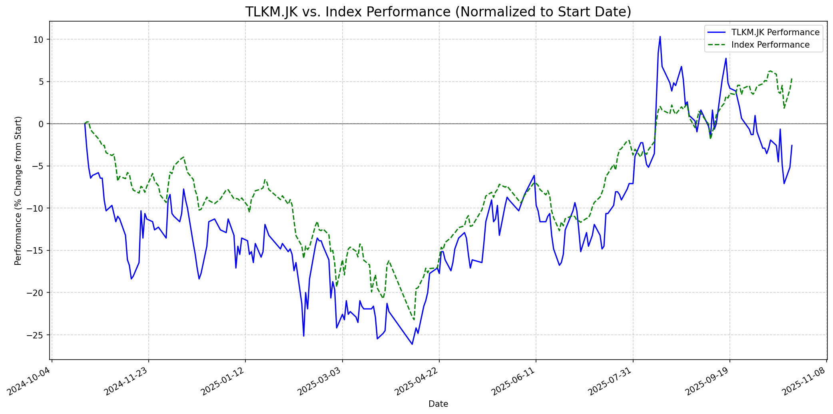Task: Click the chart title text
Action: click(x=438, y=12)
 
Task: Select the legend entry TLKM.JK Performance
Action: click(x=775, y=32)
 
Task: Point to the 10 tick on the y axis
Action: click(x=38, y=40)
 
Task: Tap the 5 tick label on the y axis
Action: click(x=40, y=82)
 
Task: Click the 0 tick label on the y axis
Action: click(x=40, y=124)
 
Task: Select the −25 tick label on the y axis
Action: click(x=35, y=335)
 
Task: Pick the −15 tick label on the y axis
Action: click(x=35, y=250)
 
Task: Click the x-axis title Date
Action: click(x=438, y=404)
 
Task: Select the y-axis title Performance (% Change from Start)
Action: click(x=18, y=190)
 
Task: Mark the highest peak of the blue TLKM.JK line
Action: click(x=660, y=36)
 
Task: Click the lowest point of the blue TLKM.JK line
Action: click(x=412, y=344)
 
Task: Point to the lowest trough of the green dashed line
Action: click(x=414, y=320)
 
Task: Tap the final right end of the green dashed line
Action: click(x=792, y=78)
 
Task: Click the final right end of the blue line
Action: click(x=792, y=145)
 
